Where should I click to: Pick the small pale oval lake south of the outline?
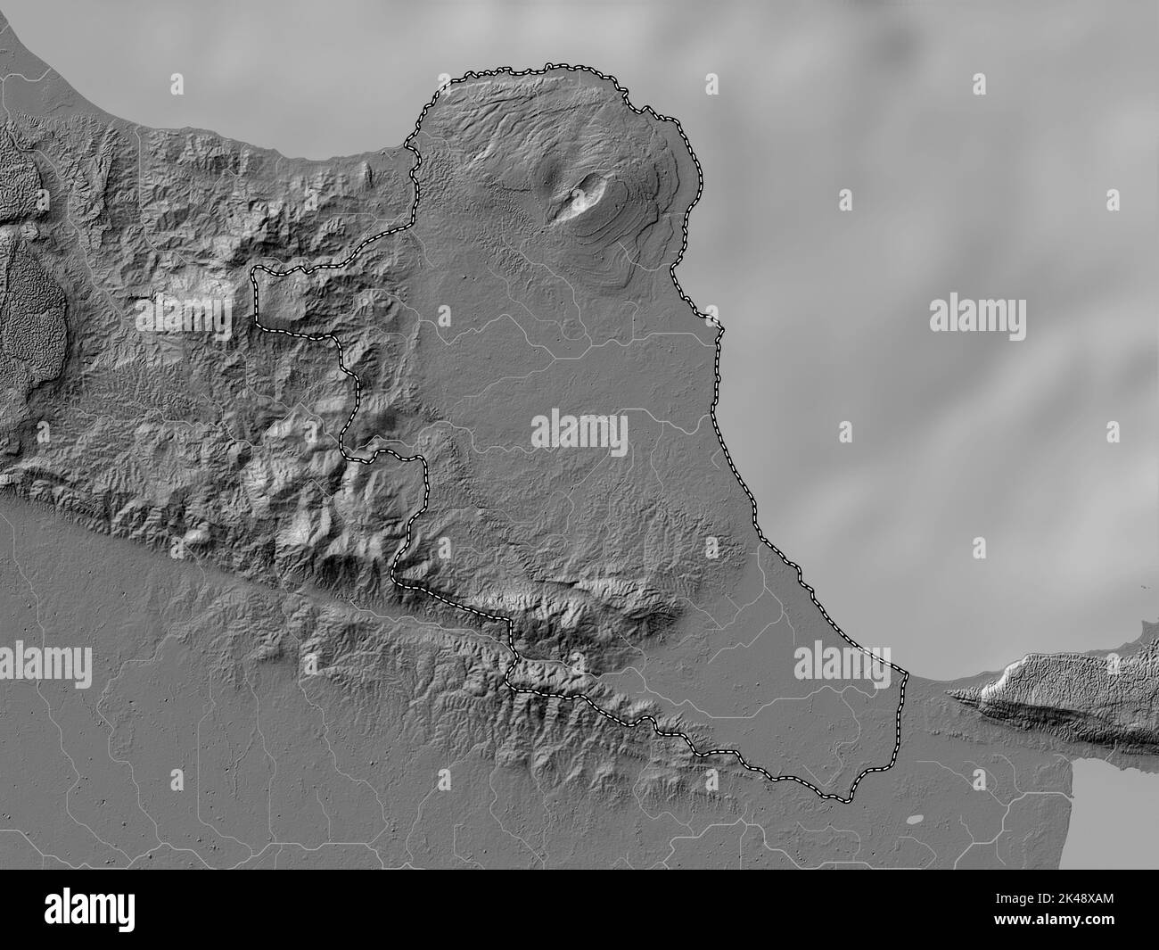click(x=916, y=819)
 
